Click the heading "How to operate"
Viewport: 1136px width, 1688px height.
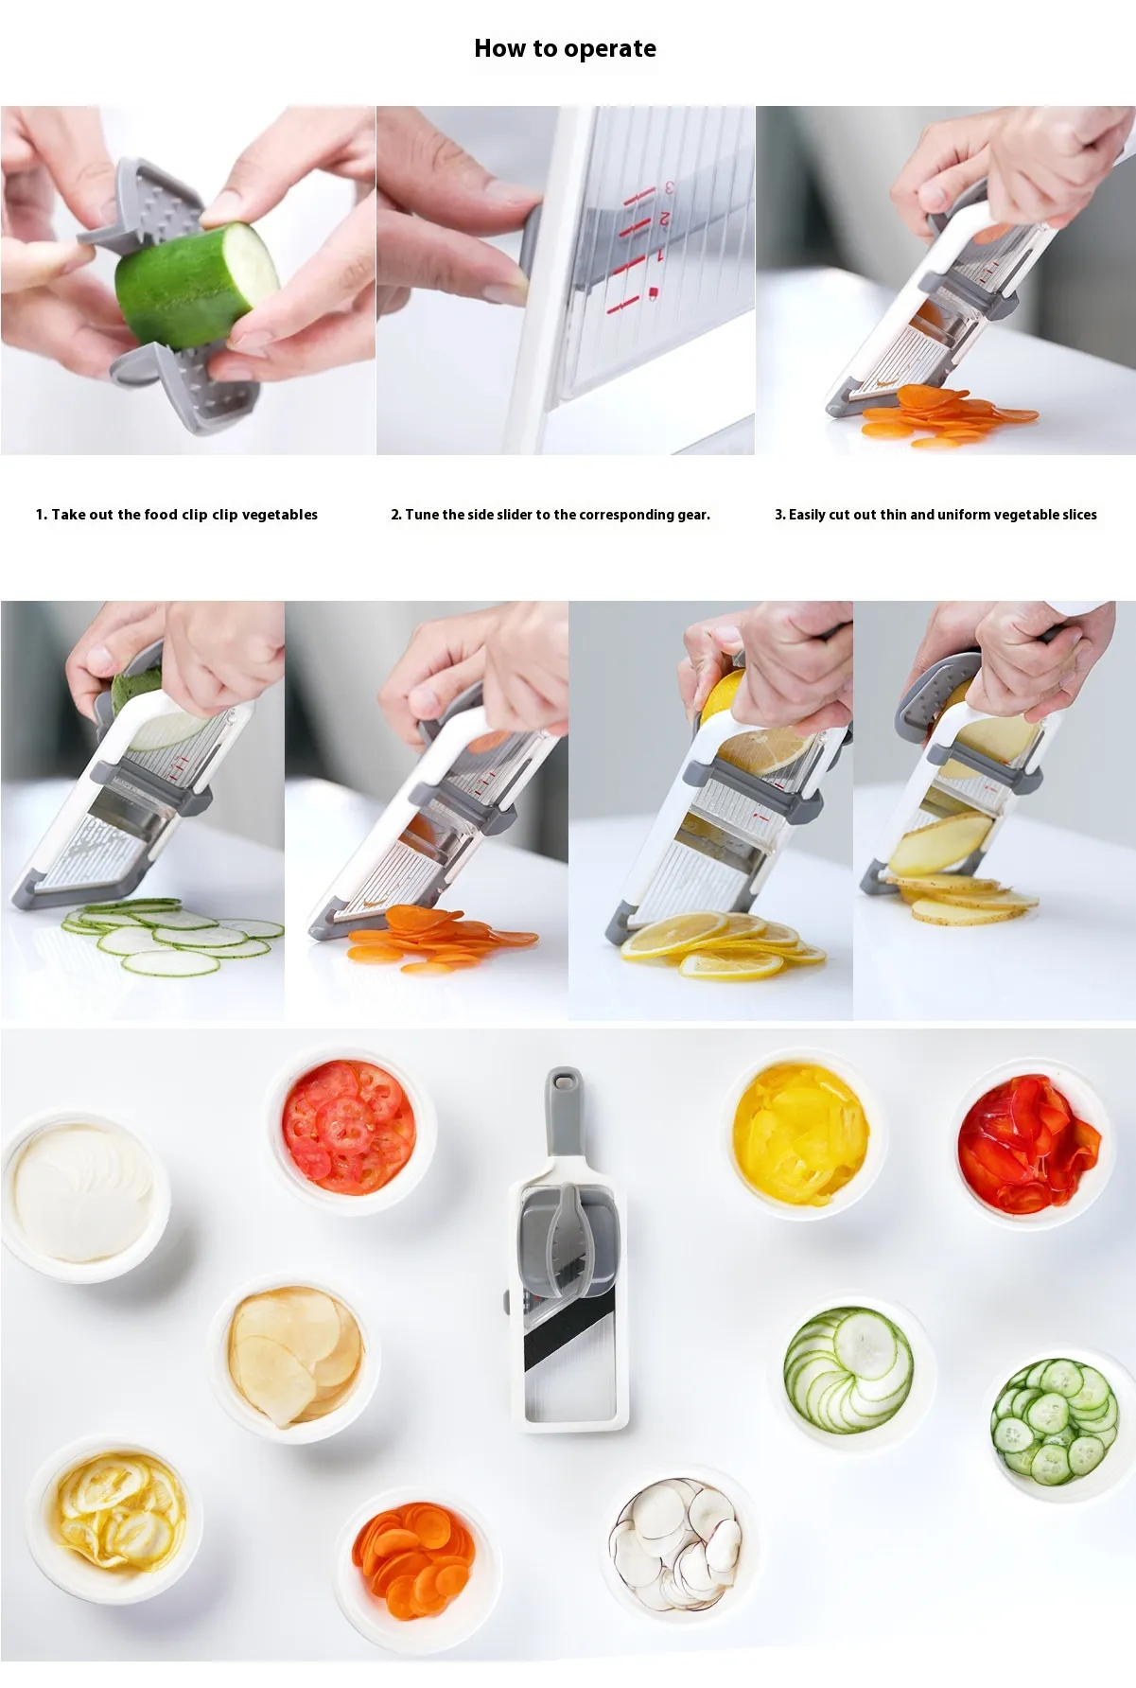click(565, 48)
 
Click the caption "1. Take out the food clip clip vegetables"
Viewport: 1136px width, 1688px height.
click(177, 515)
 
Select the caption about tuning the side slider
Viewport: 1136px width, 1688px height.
click(551, 515)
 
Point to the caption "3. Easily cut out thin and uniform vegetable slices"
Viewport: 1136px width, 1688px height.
click(935, 515)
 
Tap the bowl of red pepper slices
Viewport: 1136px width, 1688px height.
click(1028, 1143)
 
